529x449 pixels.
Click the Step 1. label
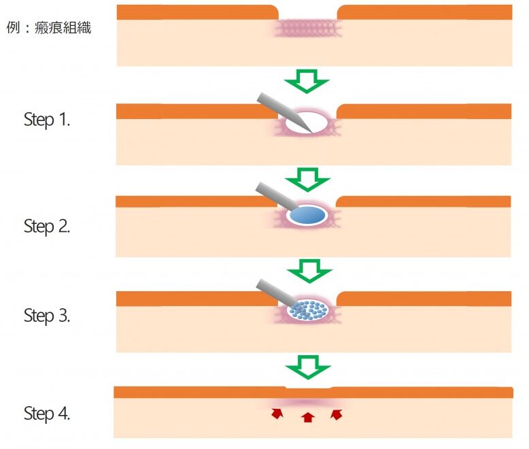point(47,120)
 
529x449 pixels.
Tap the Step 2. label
point(47,226)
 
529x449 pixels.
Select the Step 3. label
point(47,316)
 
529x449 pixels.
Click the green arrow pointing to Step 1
point(307,82)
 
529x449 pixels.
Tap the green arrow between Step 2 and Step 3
point(308,273)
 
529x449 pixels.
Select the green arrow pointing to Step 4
point(308,367)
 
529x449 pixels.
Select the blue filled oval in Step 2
point(307,215)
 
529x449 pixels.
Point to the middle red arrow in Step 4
point(307,417)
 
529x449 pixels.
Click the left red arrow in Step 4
point(276,413)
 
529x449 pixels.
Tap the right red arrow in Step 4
point(336,414)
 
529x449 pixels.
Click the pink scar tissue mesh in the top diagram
point(307,28)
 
